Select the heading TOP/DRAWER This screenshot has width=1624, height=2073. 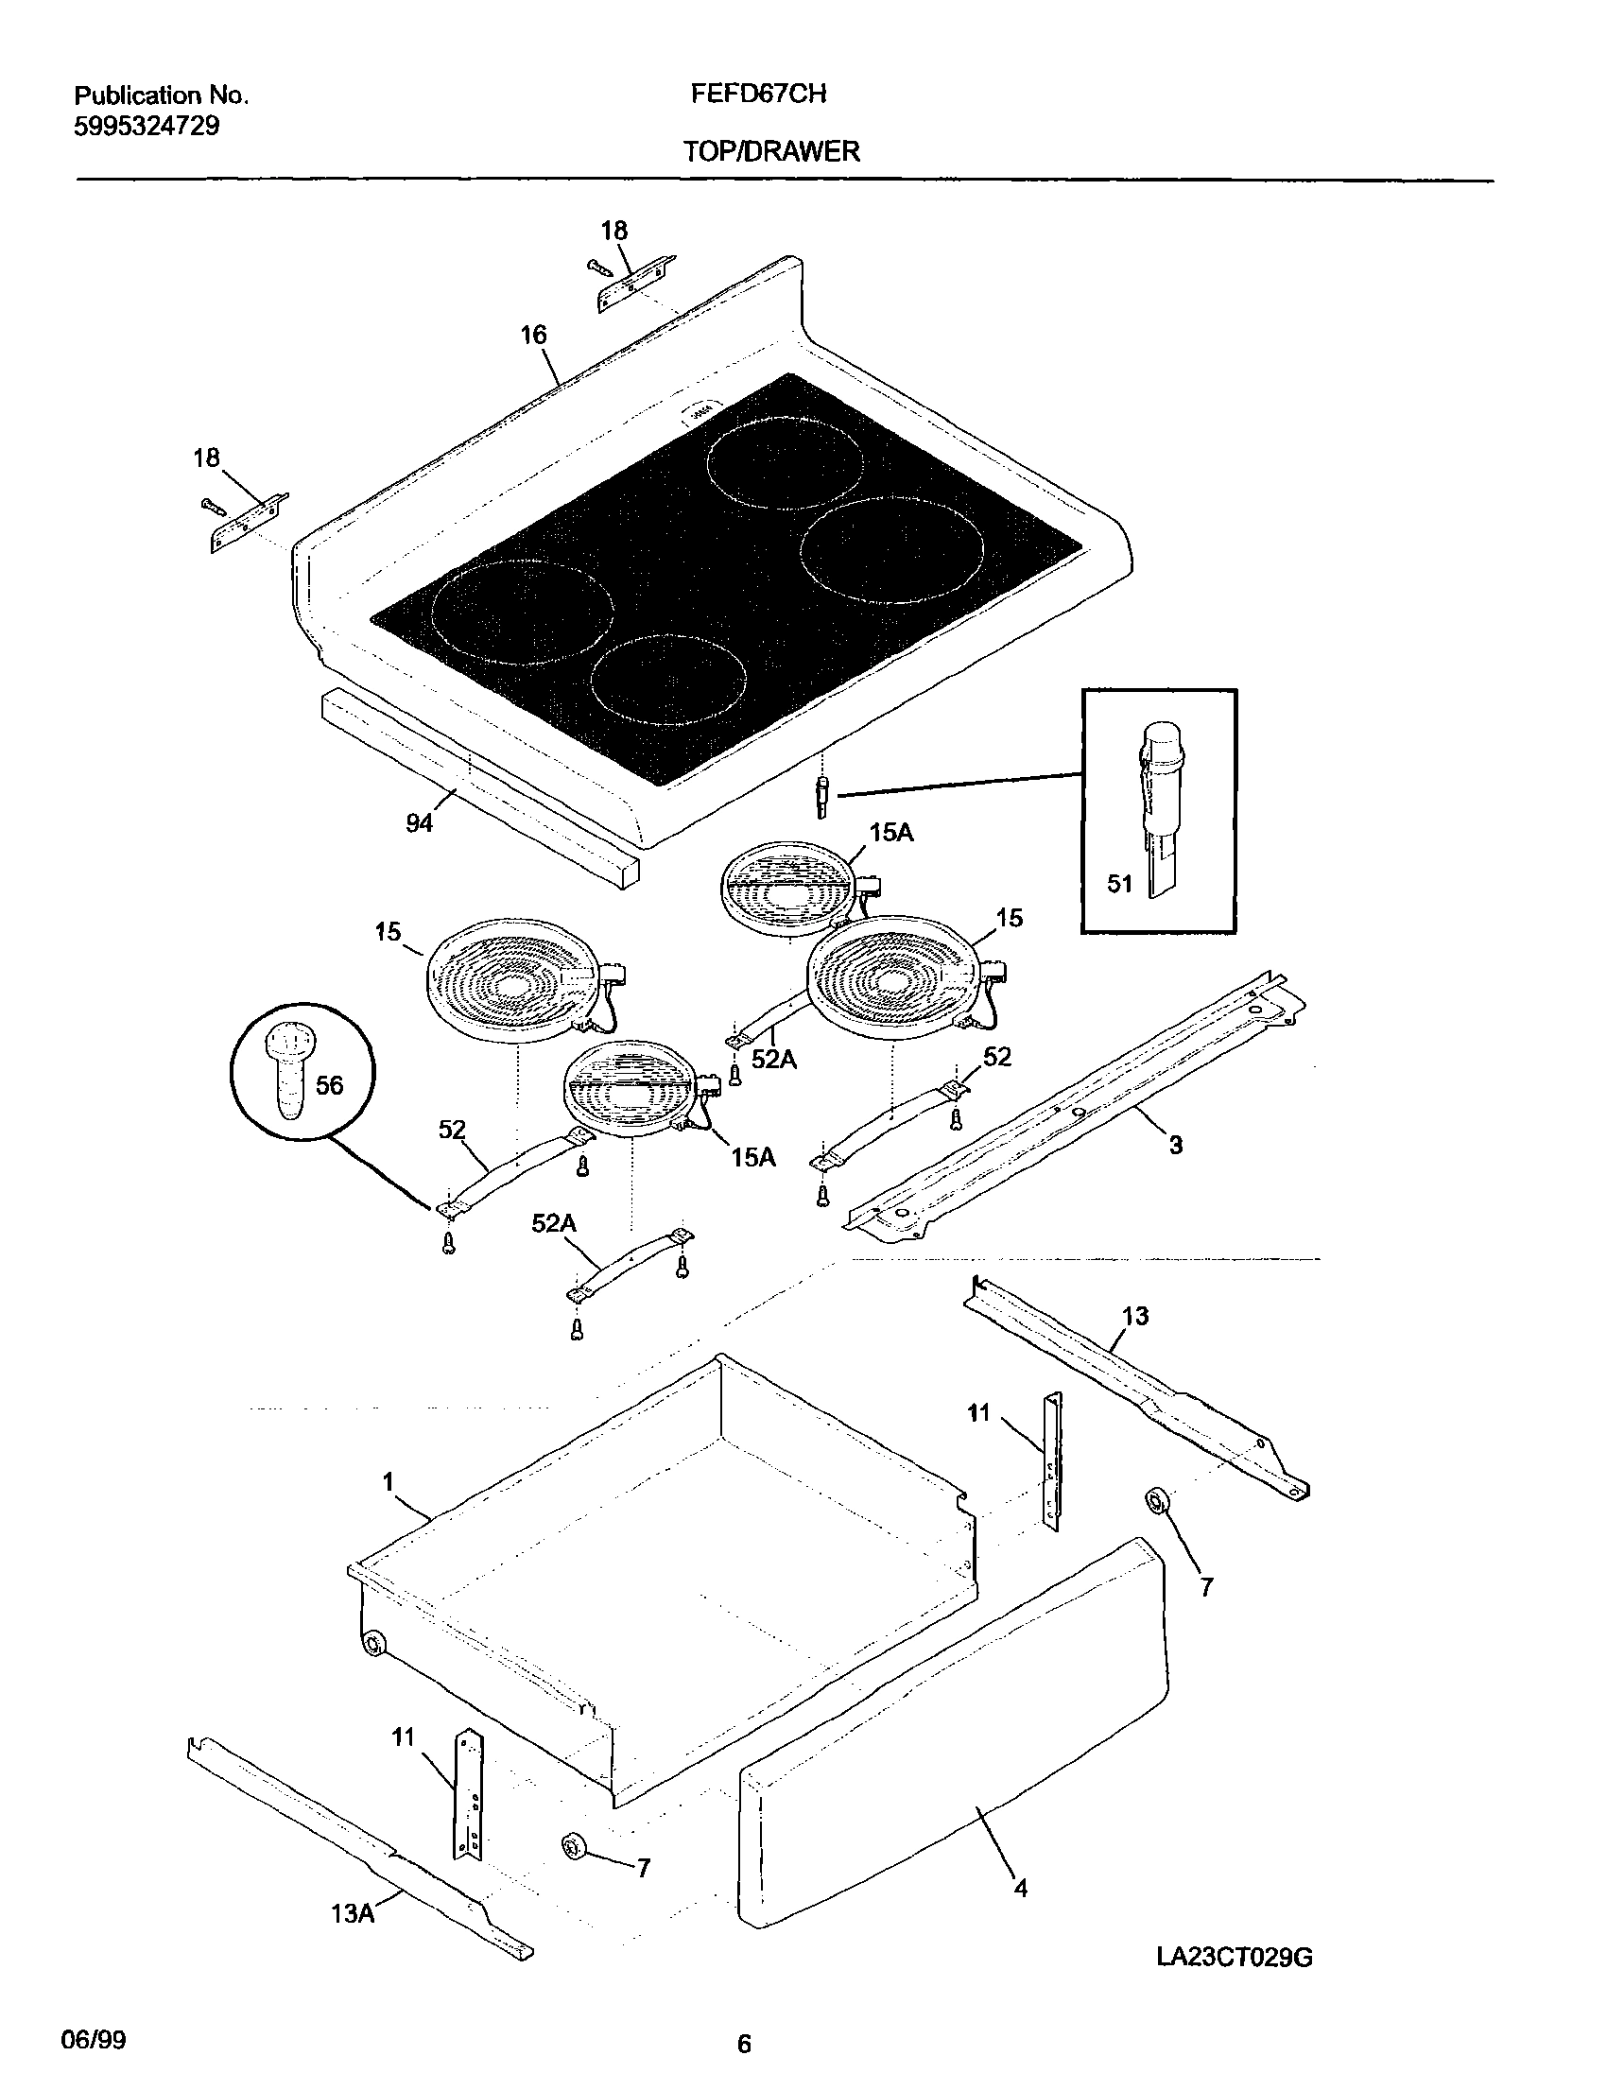tap(771, 151)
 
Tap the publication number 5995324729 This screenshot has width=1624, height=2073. tap(147, 127)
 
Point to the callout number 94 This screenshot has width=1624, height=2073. tap(420, 823)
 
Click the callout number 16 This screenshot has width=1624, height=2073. tap(533, 335)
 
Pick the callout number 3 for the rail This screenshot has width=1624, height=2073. tap(1176, 1145)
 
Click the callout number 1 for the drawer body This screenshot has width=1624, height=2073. tap(388, 1480)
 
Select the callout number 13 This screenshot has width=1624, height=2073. tap(1135, 1316)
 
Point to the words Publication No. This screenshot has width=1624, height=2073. tap(161, 95)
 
